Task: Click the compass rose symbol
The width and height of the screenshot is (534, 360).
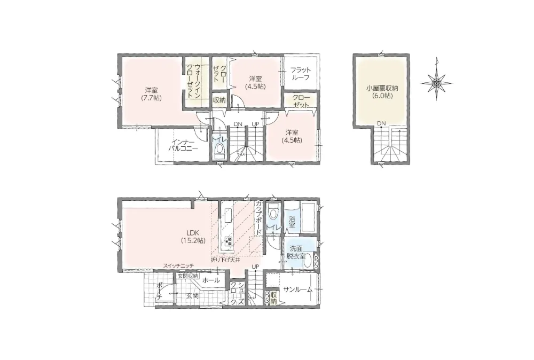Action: point(437,82)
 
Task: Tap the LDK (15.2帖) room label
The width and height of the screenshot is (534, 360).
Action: point(193,237)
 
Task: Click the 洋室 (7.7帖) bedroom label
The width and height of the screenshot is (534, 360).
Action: point(151,94)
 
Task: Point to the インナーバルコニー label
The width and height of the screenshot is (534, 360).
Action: point(183,145)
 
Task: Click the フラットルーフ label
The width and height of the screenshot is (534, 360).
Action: point(300,74)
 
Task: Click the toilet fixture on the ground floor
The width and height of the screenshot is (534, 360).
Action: point(273,212)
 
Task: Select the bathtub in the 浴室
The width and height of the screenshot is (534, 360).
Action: point(308,217)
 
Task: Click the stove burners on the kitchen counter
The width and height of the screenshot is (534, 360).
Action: point(228,241)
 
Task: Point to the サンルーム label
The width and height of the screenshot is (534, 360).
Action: point(297,290)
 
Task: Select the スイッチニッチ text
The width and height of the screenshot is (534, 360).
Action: point(178,265)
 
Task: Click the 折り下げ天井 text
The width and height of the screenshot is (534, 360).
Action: point(225,260)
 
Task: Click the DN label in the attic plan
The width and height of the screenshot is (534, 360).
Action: point(381,123)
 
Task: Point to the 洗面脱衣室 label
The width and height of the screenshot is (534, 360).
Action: point(296,253)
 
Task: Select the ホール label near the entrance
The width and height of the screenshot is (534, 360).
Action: point(211,280)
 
